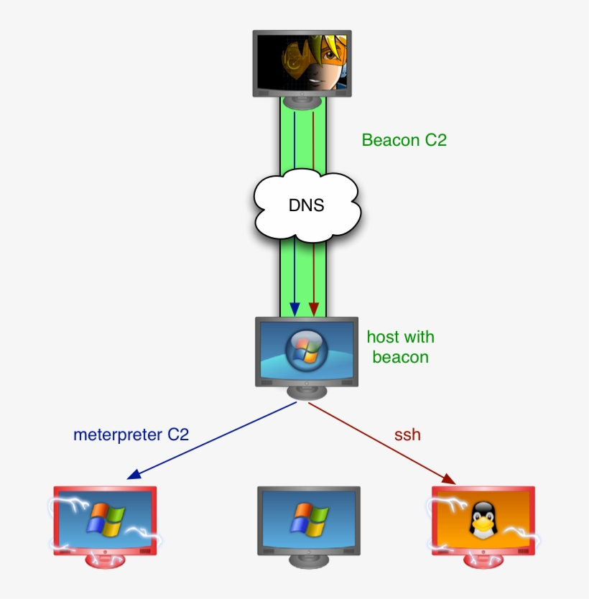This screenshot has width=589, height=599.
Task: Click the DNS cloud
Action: [x=307, y=205]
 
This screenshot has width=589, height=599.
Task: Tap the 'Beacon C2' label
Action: [x=404, y=140]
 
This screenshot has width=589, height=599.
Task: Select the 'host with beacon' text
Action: [x=400, y=347]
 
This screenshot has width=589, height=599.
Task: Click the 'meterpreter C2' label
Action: [x=131, y=434]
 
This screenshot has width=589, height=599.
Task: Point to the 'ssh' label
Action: [x=407, y=435]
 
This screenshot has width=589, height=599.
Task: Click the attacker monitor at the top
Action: [x=302, y=63]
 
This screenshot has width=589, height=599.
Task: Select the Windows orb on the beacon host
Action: [x=306, y=350]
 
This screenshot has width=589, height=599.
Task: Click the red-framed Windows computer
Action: [x=105, y=520]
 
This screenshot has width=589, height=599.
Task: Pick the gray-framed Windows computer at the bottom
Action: [x=308, y=520]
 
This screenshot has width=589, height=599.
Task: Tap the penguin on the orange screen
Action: [x=483, y=520]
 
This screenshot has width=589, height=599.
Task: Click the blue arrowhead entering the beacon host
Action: [x=294, y=309]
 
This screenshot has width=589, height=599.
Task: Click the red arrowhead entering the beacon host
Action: [x=313, y=309]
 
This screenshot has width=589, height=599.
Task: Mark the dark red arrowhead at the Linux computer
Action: [x=448, y=478]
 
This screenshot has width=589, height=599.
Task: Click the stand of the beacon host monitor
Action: [x=307, y=392]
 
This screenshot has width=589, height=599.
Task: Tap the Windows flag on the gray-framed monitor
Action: [x=309, y=519]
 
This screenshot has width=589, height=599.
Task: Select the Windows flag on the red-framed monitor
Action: [x=106, y=519]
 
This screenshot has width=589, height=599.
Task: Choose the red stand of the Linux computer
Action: [x=483, y=559]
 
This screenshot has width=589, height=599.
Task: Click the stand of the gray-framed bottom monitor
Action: [x=308, y=559]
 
